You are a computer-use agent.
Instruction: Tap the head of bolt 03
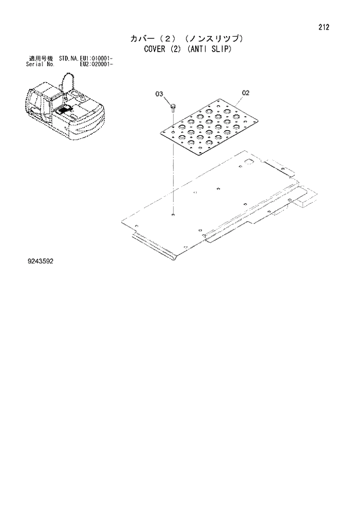pyautogui.click(x=173, y=105)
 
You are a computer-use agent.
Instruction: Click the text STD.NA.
pyautogui.click(x=68, y=59)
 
